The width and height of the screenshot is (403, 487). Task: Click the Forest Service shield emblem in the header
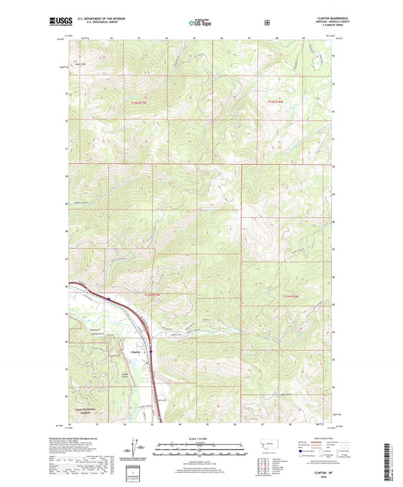266,23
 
